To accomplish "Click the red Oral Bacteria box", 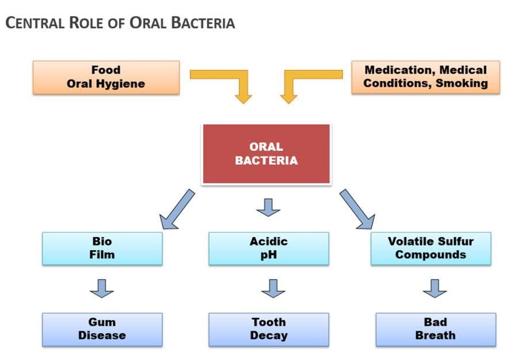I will click(266, 154).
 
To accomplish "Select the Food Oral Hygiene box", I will click(106, 77).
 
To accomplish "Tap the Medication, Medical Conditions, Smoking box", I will click(425, 77).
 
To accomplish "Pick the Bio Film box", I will click(102, 248).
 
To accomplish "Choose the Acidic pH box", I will click(268, 248).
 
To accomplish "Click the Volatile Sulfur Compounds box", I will click(431, 248).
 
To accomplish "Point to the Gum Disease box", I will click(102, 329).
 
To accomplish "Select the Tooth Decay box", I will click(268, 329).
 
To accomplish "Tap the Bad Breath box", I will click(435, 329).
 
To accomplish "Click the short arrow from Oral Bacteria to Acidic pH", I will click(268, 207).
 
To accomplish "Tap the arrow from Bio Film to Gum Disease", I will click(102, 288).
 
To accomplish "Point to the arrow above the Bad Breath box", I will click(435, 288).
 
